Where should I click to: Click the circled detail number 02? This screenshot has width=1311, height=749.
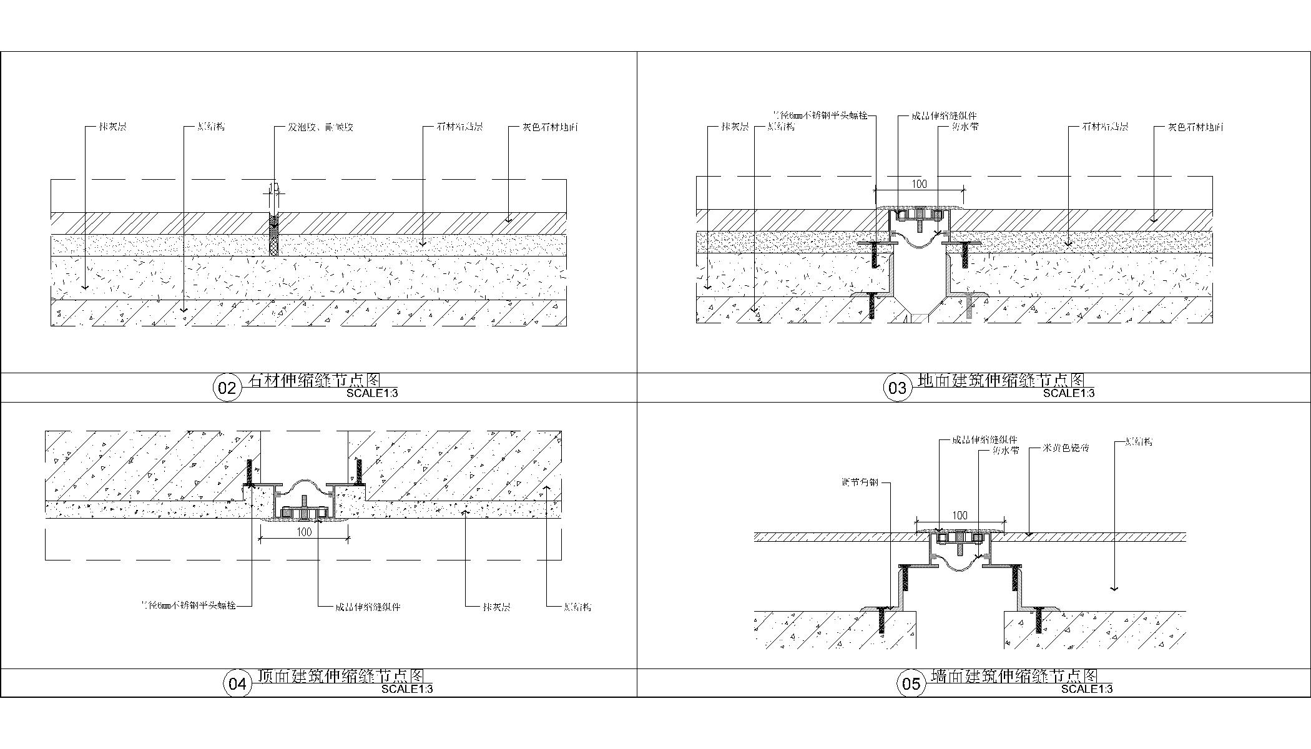point(227,388)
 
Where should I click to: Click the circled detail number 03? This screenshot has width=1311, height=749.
point(897,388)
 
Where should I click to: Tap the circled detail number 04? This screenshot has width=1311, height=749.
point(237,684)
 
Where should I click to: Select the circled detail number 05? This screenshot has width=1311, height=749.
point(911,684)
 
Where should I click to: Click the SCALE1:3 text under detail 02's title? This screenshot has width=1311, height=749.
point(372,394)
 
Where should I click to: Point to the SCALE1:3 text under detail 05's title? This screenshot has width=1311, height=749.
point(1087,689)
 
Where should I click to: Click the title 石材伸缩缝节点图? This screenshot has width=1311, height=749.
point(315,379)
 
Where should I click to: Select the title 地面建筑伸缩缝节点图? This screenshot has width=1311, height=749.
point(1001,379)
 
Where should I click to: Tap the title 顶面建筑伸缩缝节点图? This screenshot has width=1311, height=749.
point(341,675)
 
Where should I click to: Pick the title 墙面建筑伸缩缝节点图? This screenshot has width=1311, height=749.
point(1014,675)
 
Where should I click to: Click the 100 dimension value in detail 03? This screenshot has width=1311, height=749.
point(920,184)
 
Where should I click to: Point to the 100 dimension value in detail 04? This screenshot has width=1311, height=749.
point(304,532)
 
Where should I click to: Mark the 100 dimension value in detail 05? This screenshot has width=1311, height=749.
point(960,516)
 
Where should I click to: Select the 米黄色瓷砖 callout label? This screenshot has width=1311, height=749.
point(1066,448)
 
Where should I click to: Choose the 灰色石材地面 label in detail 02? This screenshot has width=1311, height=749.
point(551,127)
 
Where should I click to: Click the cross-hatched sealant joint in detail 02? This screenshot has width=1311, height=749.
point(273,235)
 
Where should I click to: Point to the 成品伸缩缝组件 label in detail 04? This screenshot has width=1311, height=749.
point(368,607)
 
